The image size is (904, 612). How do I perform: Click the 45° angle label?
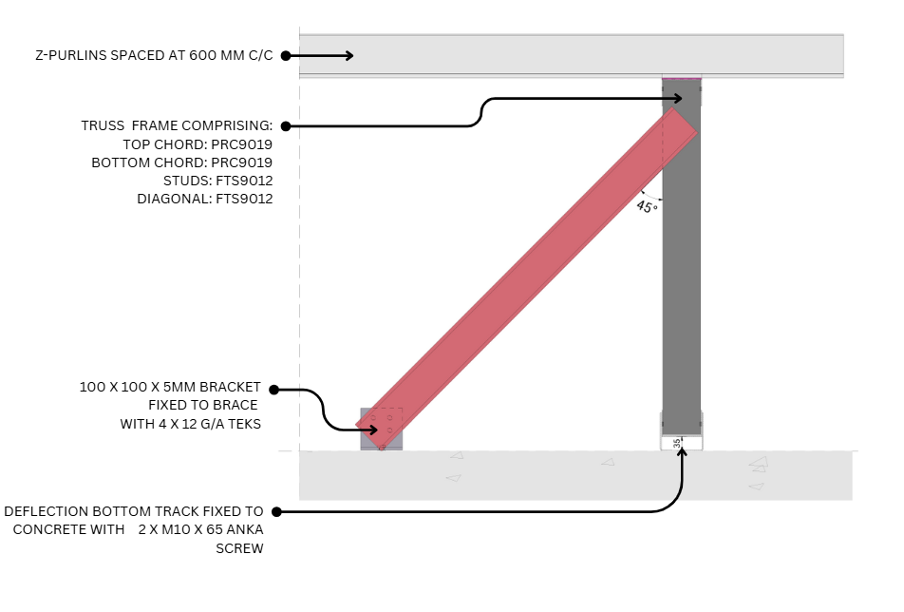click(647, 205)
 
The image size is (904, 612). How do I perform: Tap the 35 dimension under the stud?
click(677, 443)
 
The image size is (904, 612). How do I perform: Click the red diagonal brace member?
click(527, 276)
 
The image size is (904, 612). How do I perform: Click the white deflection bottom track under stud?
click(682, 443)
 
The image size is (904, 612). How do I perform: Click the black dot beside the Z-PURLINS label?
click(285, 56)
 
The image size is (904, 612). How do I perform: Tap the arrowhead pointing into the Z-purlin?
click(348, 56)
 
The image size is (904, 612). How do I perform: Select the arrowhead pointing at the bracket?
click(373, 430)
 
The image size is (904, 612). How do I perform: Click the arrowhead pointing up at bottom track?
click(682, 451)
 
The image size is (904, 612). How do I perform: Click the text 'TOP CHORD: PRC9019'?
click(198, 144)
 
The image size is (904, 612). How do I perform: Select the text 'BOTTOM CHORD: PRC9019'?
click(182, 163)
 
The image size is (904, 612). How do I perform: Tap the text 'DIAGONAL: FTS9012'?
click(205, 199)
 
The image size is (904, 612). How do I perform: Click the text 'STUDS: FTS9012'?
click(218, 181)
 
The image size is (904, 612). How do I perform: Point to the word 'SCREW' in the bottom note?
click(239, 548)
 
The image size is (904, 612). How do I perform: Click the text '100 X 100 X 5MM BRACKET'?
click(170, 388)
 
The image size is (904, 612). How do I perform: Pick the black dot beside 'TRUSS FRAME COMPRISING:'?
click(285, 125)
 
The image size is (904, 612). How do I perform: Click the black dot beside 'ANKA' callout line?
click(275, 512)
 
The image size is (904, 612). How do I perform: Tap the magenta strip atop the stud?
click(682, 78)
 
